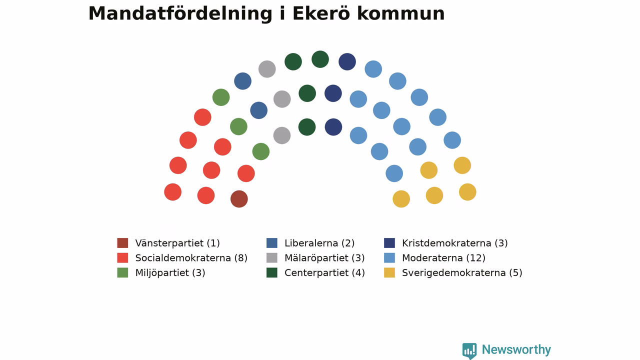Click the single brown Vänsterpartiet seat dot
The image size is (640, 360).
[239, 199]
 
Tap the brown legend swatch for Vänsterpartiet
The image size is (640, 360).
[122, 243]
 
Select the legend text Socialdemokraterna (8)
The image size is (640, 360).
[191, 258]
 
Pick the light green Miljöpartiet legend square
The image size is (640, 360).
[122, 272]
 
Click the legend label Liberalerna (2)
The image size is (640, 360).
[319, 243]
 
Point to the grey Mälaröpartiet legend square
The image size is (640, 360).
[271, 257]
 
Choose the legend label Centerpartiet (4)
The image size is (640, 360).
[324, 273]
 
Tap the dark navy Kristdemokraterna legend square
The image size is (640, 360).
[389, 243]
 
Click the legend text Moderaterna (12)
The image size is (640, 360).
[443, 258]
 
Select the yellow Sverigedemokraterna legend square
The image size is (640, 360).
[389, 272]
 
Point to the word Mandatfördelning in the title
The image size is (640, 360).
[180, 13]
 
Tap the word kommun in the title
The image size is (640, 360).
[401, 13]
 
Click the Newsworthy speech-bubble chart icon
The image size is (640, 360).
[469, 350]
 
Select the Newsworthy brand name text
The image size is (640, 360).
[516, 349]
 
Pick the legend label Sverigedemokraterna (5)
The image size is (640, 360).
[462, 273]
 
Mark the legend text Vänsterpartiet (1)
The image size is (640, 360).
[177, 243]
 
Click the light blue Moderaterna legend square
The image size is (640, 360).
[389, 257]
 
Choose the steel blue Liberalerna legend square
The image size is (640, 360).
[271, 243]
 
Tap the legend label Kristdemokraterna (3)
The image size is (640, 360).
[455, 243]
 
